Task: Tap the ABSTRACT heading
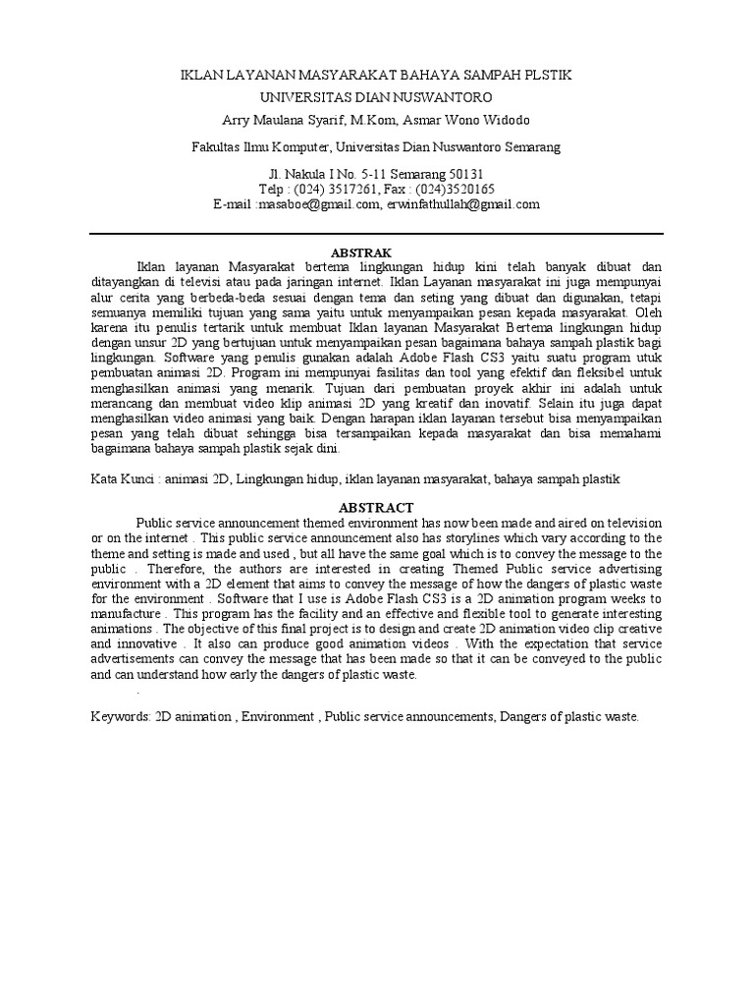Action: click(x=376, y=507)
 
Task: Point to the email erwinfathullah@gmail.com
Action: click(x=464, y=204)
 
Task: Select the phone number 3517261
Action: click(x=345, y=190)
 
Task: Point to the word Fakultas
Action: click(x=215, y=147)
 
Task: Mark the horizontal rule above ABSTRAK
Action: click(x=376, y=234)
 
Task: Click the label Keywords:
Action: click(x=120, y=717)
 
